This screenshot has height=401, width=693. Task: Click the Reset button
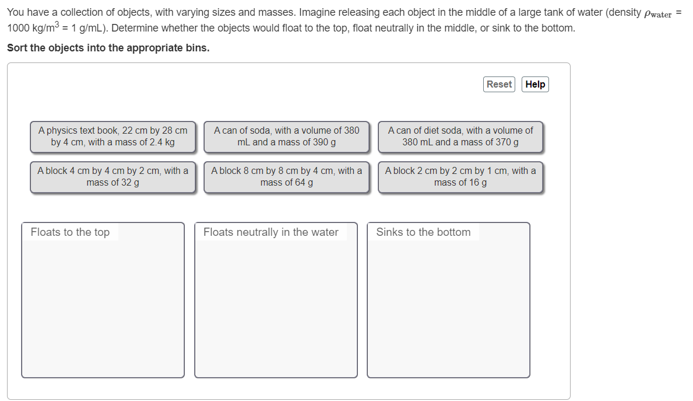pyautogui.click(x=499, y=84)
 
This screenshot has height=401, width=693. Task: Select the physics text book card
pyautogui.click(x=112, y=137)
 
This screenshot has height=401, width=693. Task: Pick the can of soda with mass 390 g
pyautogui.click(x=286, y=137)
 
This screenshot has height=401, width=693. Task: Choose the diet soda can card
pyautogui.click(x=460, y=137)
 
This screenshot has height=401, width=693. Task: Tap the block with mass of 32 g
pyautogui.click(x=112, y=177)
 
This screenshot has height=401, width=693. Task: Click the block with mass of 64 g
pyautogui.click(x=286, y=177)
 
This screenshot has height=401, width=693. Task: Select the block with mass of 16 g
pyautogui.click(x=460, y=177)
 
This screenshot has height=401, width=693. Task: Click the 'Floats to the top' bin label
pyautogui.click(x=70, y=232)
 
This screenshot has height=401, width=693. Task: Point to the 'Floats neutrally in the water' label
pyautogui.click(x=271, y=232)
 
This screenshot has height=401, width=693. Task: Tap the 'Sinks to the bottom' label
pyautogui.click(x=423, y=232)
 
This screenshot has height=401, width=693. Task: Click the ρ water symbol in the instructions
pyautogui.click(x=658, y=13)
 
